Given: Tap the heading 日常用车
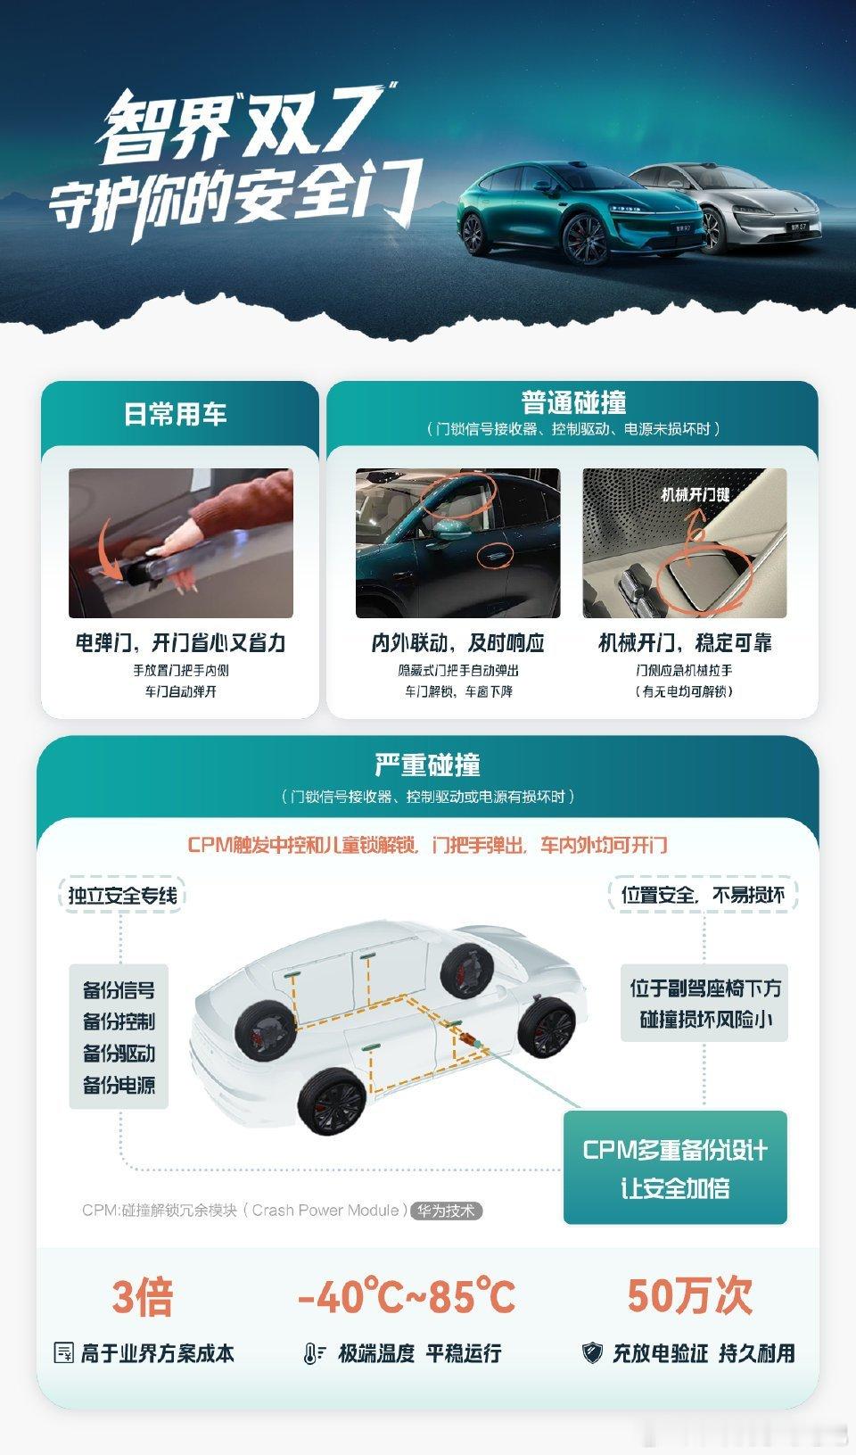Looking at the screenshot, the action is (x=176, y=415).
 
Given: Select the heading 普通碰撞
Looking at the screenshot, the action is (x=573, y=402).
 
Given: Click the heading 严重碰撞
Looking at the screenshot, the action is (x=427, y=765).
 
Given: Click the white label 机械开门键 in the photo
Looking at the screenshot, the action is (x=695, y=495).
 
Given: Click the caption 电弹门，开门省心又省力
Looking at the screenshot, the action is (x=180, y=643).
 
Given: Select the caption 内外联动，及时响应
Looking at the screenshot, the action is (x=458, y=643).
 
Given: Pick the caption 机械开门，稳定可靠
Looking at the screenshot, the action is (x=685, y=643).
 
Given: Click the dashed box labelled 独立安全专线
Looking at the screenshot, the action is (x=122, y=895).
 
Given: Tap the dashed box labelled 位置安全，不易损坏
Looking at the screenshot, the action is (x=704, y=895).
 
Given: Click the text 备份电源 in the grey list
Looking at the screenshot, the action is (x=119, y=1085).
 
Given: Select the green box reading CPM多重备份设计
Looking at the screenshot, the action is (x=676, y=1167).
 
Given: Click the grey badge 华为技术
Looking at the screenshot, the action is (x=446, y=1211).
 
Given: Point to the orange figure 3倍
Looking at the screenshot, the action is (x=143, y=1297).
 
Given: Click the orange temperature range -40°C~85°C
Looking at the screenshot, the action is (x=407, y=1296).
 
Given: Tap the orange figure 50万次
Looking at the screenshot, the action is (x=690, y=1296).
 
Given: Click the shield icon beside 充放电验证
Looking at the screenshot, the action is (x=592, y=1353).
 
